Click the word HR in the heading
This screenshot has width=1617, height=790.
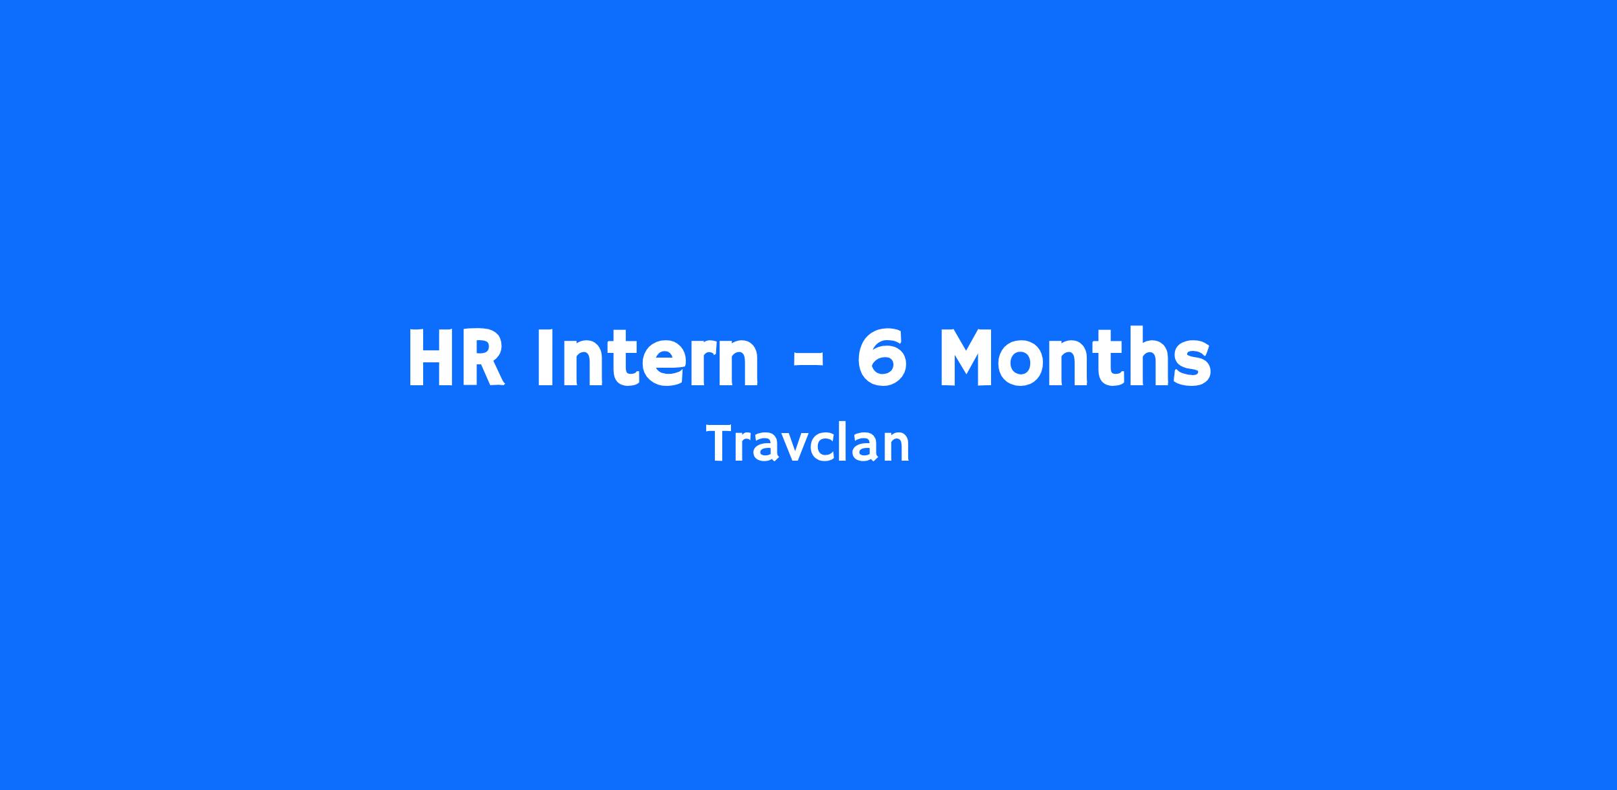point(457,357)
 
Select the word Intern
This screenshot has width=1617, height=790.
point(648,357)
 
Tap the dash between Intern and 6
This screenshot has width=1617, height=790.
point(808,362)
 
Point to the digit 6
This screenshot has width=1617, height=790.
point(881,357)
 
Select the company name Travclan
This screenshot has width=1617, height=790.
point(808,444)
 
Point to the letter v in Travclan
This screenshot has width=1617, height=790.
point(795,449)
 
